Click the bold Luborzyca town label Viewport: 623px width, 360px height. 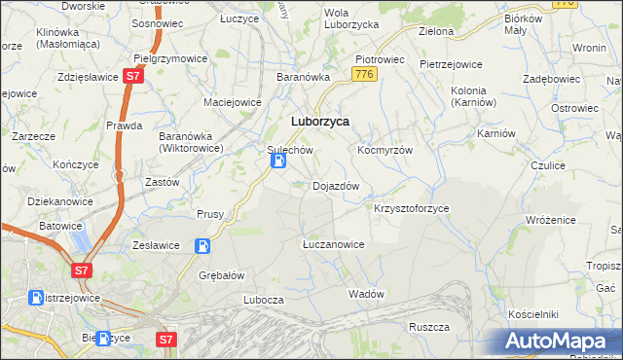(x=320, y=122)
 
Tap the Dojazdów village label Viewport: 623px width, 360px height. (x=336, y=186)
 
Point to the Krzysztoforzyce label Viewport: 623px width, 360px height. (x=411, y=209)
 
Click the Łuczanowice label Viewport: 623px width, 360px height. (x=333, y=244)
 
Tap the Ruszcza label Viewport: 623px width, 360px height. (x=428, y=327)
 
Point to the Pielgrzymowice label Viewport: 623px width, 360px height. (x=169, y=58)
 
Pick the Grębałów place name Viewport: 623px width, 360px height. (x=220, y=274)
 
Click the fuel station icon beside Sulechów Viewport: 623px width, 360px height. (x=277, y=167)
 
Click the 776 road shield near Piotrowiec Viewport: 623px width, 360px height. (x=365, y=74)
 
